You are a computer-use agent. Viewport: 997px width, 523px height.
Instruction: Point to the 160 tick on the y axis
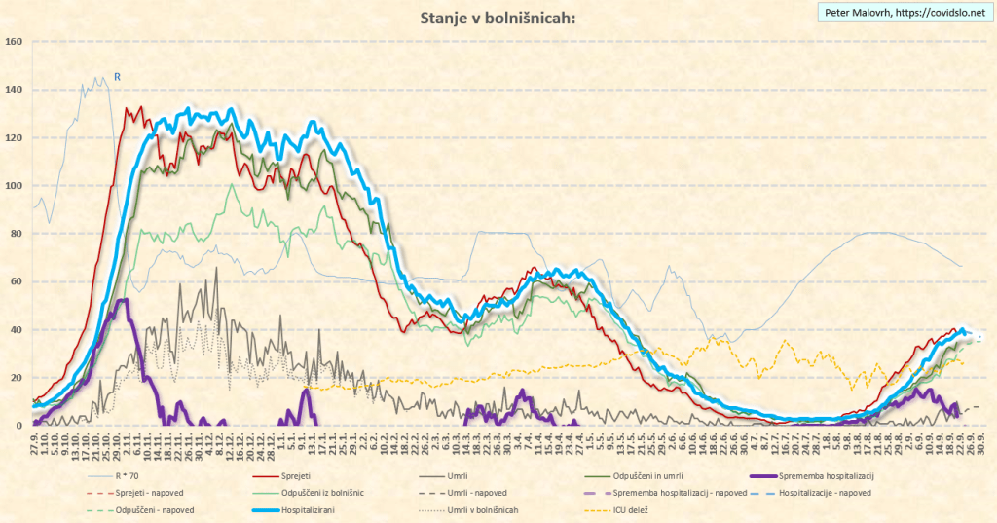[14, 42]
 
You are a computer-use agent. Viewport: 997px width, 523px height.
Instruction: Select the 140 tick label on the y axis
[14, 90]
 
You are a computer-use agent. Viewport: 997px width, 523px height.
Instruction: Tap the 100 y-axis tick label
[14, 185]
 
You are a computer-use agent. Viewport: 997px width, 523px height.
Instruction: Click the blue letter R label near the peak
[118, 76]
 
